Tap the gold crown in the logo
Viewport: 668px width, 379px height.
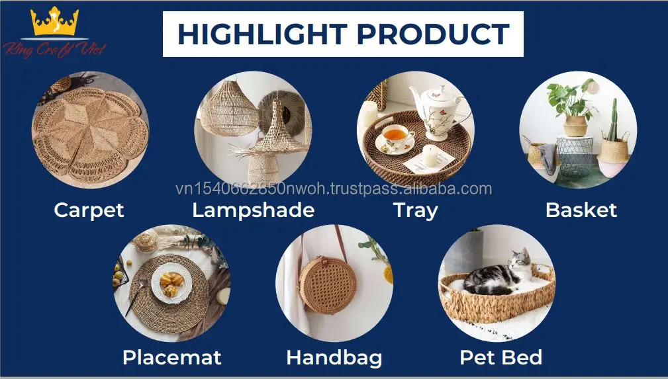pos(54,21)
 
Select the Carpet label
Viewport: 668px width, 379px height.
pos(89,210)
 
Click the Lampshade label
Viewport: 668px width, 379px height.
pos(253,210)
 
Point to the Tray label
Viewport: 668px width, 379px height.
pos(415,210)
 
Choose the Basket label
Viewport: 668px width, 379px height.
pos(581,210)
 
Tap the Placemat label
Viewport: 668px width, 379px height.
pos(171,357)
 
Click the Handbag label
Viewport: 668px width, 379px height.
pos(334,358)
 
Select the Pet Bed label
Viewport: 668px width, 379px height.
pos(501,357)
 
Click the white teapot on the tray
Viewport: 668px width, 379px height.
pos(436,112)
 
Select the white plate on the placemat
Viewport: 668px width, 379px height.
pos(171,282)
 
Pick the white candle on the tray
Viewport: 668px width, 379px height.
pos(430,156)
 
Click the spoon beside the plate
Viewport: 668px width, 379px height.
pos(136,296)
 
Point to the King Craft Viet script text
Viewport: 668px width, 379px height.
pos(54,50)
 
